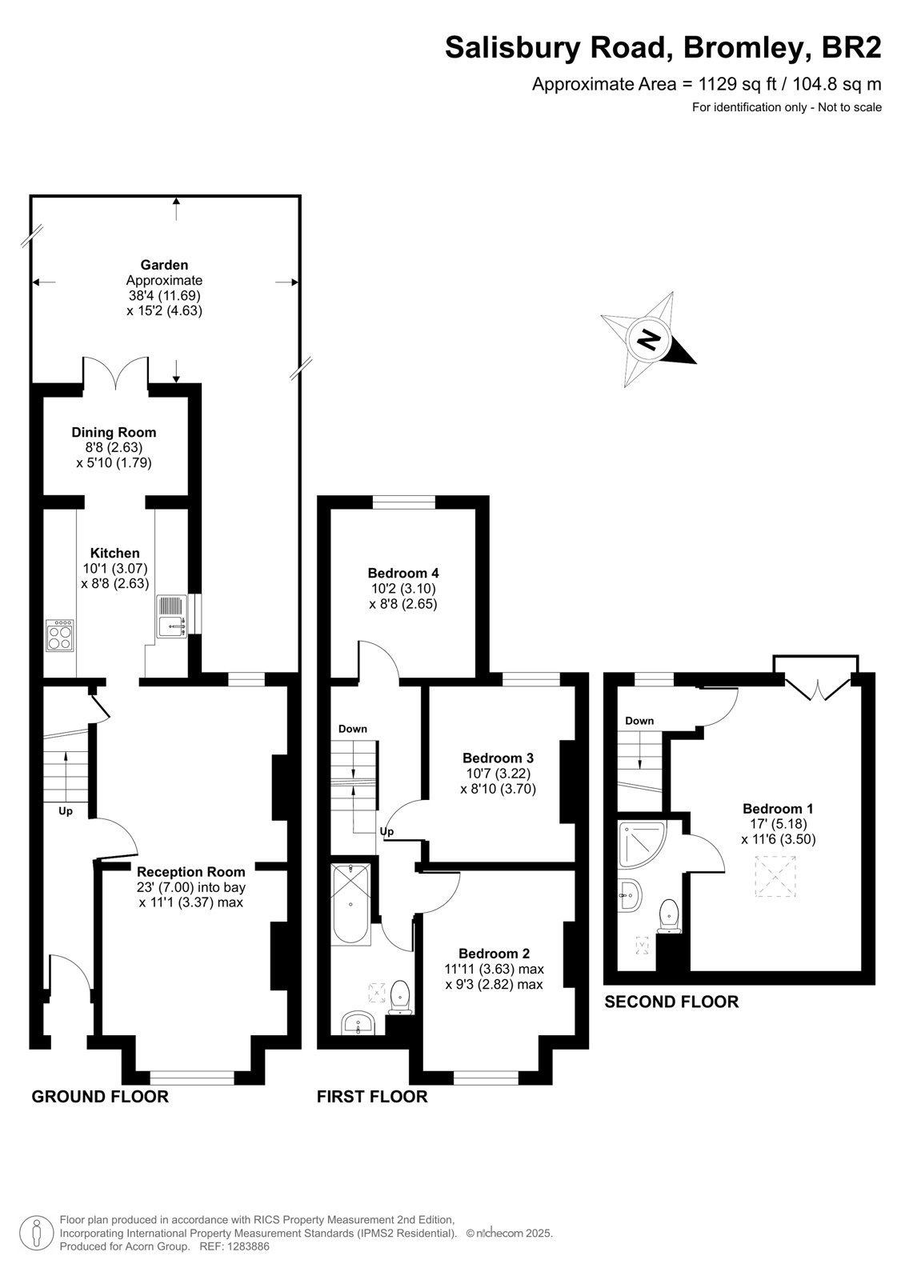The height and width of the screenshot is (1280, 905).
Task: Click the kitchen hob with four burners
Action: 59,635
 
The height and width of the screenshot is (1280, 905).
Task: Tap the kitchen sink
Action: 172,617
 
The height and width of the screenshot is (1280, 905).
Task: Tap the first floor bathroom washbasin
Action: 358,1023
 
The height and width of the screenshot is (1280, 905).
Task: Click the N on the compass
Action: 647,340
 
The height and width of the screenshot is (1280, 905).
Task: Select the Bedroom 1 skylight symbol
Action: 775,876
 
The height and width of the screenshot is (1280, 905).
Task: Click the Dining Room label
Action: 114,433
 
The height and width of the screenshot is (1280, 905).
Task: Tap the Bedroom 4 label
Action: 403,573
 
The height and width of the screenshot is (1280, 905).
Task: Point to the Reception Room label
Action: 191,872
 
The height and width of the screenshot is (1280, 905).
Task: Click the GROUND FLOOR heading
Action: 100,1097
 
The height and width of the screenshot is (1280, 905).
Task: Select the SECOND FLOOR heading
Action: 671,1002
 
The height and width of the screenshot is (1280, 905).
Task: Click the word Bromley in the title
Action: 745,47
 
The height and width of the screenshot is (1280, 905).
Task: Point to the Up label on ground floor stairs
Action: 66,811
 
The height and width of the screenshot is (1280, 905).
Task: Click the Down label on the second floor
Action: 639,721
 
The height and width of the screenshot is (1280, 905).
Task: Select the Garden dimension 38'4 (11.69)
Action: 165,295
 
